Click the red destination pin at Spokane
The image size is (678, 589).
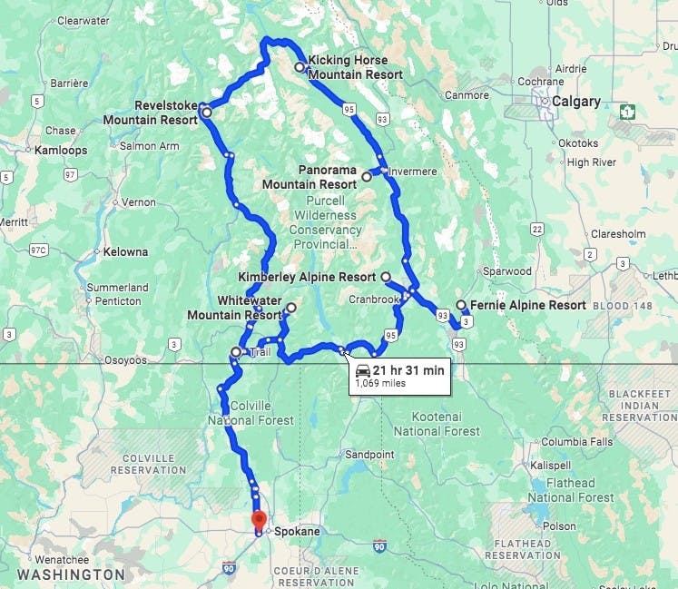259,522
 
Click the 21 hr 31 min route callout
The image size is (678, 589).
399,375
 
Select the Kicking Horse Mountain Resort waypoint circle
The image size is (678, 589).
300,67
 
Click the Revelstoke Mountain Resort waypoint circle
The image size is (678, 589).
207,113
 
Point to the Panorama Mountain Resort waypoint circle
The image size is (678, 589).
367,177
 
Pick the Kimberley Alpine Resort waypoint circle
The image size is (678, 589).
386,277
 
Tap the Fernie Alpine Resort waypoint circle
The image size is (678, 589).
461,305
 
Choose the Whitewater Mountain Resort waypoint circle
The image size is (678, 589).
290,309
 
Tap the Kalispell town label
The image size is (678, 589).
550,465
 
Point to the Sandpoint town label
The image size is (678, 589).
369,454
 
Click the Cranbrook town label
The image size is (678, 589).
373,299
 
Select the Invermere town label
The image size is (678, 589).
414,172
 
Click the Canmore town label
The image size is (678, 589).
467,94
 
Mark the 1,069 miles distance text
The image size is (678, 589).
381,383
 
